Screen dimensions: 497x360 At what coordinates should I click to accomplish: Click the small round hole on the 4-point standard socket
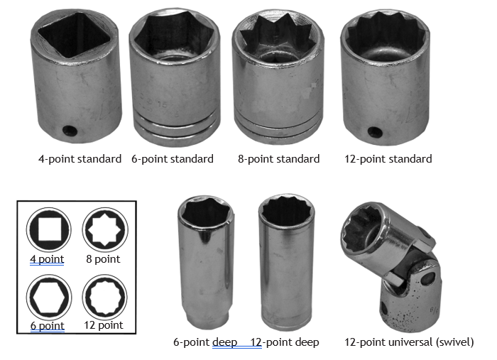(70, 130)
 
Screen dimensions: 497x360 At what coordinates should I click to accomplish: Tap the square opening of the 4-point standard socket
(74, 34)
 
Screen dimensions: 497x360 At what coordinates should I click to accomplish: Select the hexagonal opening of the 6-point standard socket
(174, 35)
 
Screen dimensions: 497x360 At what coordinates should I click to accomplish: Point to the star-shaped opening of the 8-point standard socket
(278, 38)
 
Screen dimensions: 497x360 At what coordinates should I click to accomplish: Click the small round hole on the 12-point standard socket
(375, 132)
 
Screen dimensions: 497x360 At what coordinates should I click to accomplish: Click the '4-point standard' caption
(80, 159)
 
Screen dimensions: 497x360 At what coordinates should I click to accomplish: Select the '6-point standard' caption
(173, 159)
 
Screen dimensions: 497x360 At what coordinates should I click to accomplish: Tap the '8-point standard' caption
(278, 159)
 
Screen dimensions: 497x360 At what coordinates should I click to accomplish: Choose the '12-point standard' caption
(388, 159)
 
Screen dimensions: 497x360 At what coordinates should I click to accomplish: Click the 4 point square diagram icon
(48, 230)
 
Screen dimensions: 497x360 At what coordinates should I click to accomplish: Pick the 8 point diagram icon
(105, 229)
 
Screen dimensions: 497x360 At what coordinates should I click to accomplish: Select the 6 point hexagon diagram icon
(49, 298)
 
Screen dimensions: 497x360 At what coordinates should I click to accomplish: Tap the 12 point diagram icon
(105, 297)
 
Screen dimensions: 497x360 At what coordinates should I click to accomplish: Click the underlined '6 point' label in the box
(48, 326)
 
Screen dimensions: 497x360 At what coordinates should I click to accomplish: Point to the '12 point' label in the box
(104, 325)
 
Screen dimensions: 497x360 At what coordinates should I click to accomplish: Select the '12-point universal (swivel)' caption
(409, 342)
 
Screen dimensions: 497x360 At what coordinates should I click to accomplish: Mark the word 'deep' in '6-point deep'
(225, 342)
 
